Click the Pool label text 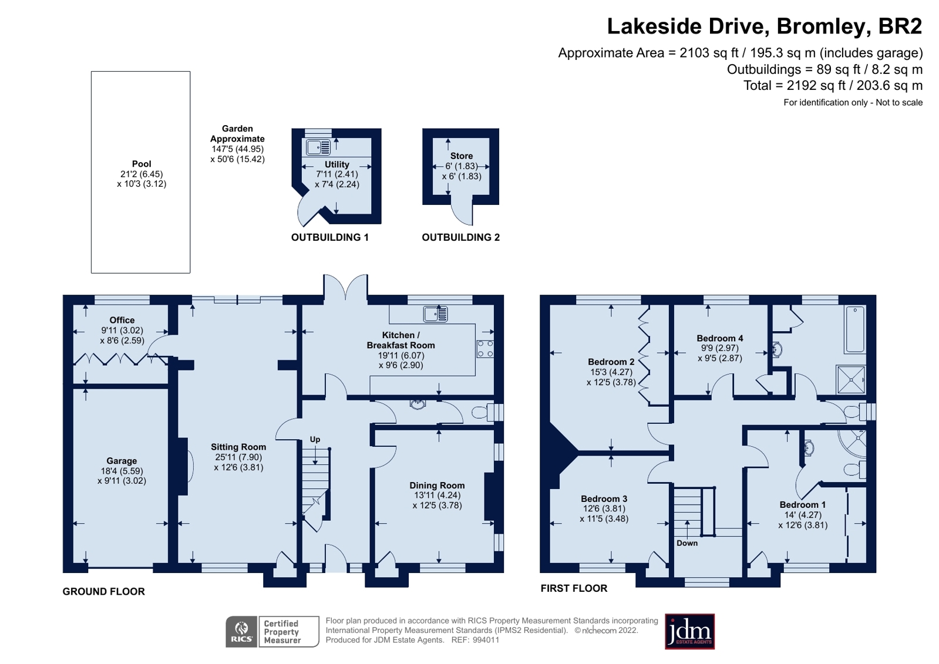pyautogui.click(x=141, y=164)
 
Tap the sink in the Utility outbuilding pyautogui.click(x=318, y=147)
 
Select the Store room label pyautogui.click(x=462, y=156)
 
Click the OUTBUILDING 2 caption pyautogui.click(x=460, y=237)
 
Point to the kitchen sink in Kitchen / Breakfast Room pyautogui.click(x=436, y=314)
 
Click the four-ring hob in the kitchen pyautogui.click(x=485, y=349)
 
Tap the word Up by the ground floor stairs pyautogui.click(x=315, y=439)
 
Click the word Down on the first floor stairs pyautogui.click(x=686, y=543)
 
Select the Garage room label pyautogui.click(x=122, y=461)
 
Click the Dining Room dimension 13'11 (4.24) pyautogui.click(x=437, y=495)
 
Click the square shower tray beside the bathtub pyautogui.click(x=850, y=379)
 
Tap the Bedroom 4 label pyautogui.click(x=719, y=338)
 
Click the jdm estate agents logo pyautogui.click(x=689, y=632)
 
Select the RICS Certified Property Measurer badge pyautogui.click(x=272, y=632)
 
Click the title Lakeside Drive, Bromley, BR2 pyautogui.click(x=764, y=26)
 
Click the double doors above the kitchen pyautogui.click(x=345, y=289)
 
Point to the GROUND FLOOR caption pyautogui.click(x=103, y=591)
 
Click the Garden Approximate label pyautogui.click(x=237, y=133)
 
